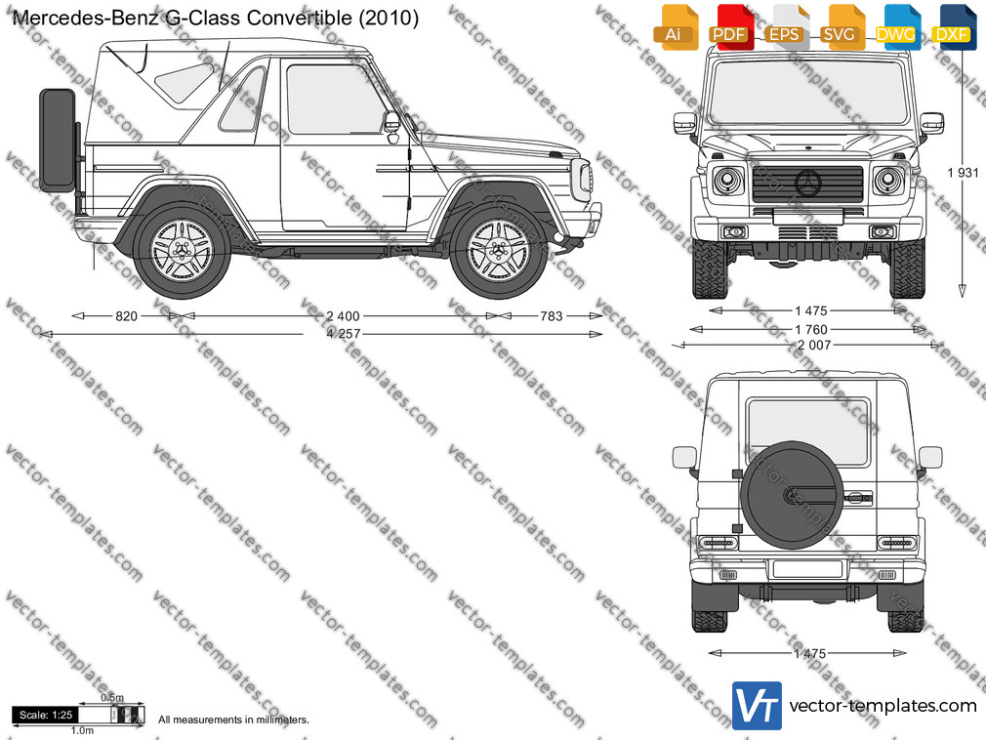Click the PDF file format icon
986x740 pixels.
pyautogui.click(x=729, y=26)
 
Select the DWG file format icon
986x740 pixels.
pyautogui.click(x=896, y=26)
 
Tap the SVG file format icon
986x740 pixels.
pyautogui.click(x=841, y=26)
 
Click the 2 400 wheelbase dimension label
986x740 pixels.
pyautogui.click(x=343, y=316)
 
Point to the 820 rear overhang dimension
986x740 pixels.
pyautogui.click(x=126, y=316)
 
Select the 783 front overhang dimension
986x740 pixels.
pyautogui.click(x=552, y=316)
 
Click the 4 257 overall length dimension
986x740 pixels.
pyautogui.click(x=344, y=334)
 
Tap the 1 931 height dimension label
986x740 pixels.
pyautogui.click(x=963, y=172)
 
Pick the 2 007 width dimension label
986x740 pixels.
pyautogui.click(x=814, y=345)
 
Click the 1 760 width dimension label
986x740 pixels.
pyautogui.click(x=811, y=329)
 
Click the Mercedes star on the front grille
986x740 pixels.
pyautogui.click(x=808, y=183)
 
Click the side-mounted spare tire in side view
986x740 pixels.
pyautogui.click(x=58, y=141)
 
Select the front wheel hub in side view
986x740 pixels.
pyautogui.click(x=499, y=251)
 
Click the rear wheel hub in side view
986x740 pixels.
pyautogui.click(x=183, y=251)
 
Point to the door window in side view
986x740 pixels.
pyautogui.click(x=335, y=100)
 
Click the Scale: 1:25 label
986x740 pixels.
pyautogui.click(x=45, y=715)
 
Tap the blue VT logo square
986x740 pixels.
pyautogui.click(x=757, y=706)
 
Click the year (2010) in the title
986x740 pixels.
pyautogui.click(x=389, y=18)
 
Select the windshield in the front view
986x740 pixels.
pyautogui.click(x=808, y=93)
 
